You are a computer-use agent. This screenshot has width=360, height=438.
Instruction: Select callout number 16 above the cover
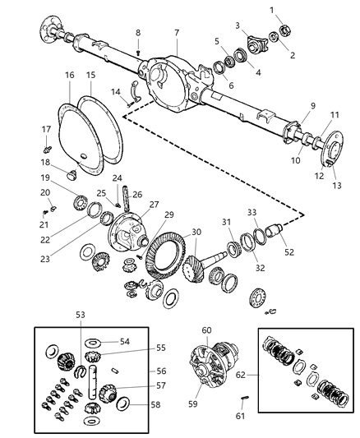(70, 75)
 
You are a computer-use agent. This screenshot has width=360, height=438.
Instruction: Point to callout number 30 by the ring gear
(196, 233)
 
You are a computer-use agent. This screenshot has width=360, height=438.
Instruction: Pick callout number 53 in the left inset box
(80, 315)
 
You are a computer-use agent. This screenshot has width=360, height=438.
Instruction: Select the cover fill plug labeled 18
(69, 174)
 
